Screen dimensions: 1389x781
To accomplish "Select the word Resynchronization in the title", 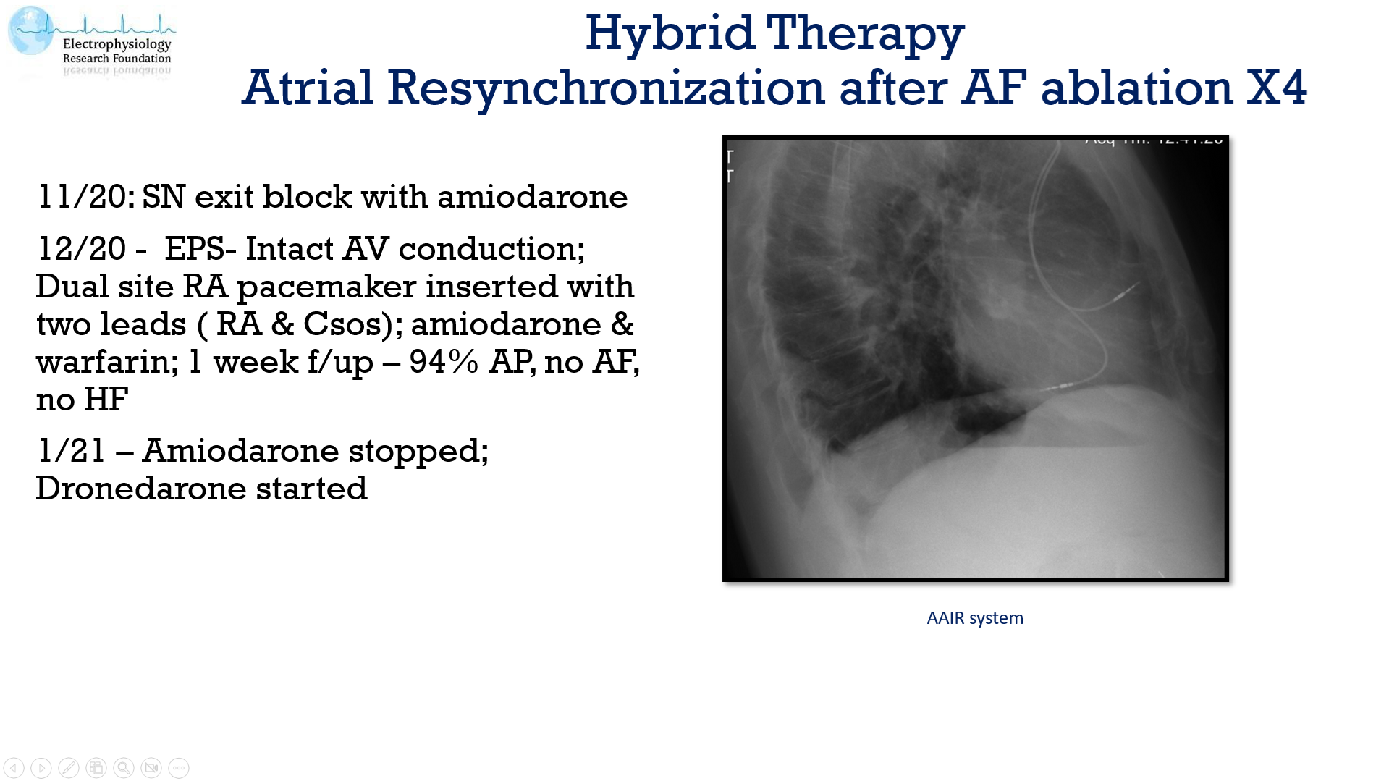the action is point(605,88).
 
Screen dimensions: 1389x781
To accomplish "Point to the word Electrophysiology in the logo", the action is point(117,43).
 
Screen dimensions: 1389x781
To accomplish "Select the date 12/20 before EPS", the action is point(81,249).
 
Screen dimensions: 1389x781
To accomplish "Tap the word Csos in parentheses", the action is point(342,324).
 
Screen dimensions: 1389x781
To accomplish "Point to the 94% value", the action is point(444,362).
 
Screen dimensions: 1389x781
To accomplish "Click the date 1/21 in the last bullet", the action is point(71,451).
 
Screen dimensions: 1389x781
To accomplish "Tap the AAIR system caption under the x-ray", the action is point(975,618).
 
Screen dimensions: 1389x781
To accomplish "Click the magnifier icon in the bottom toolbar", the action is point(124,767).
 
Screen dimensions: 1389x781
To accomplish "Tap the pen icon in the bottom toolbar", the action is point(69,767).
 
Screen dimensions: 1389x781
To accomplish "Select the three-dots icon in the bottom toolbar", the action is point(179,767).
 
